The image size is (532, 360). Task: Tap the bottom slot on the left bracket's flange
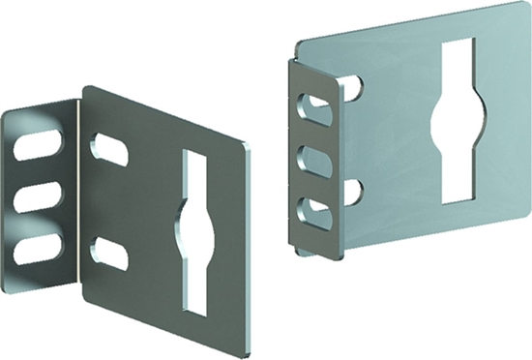coord(38,249)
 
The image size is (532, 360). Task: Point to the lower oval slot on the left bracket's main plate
coord(111,255)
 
